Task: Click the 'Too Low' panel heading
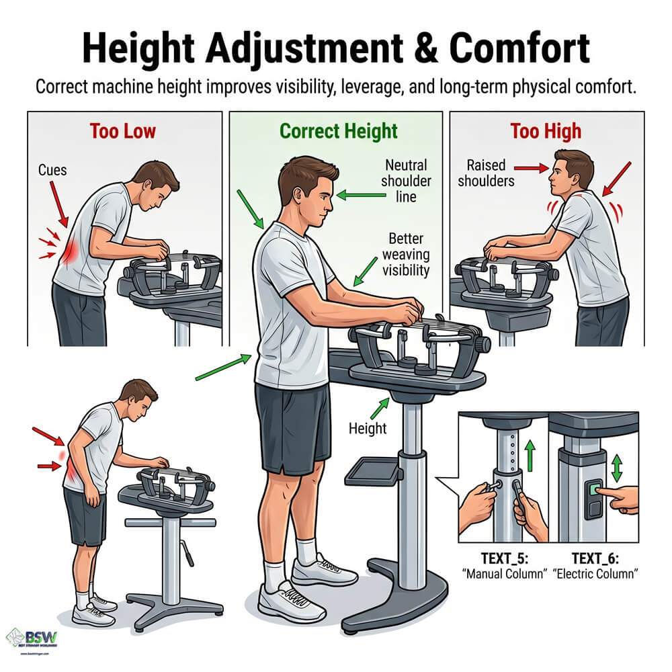pyautogui.click(x=124, y=130)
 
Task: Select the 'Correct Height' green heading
pyautogui.click(x=339, y=130)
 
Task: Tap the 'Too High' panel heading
pyautogui.click(x=546, y=130)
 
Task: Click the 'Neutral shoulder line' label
pyautogui.click(x=406, y=181)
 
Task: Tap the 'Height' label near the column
pyautogui.click(x=367, y=427)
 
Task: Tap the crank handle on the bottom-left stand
pyautogui.click(x=189, y=555)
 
